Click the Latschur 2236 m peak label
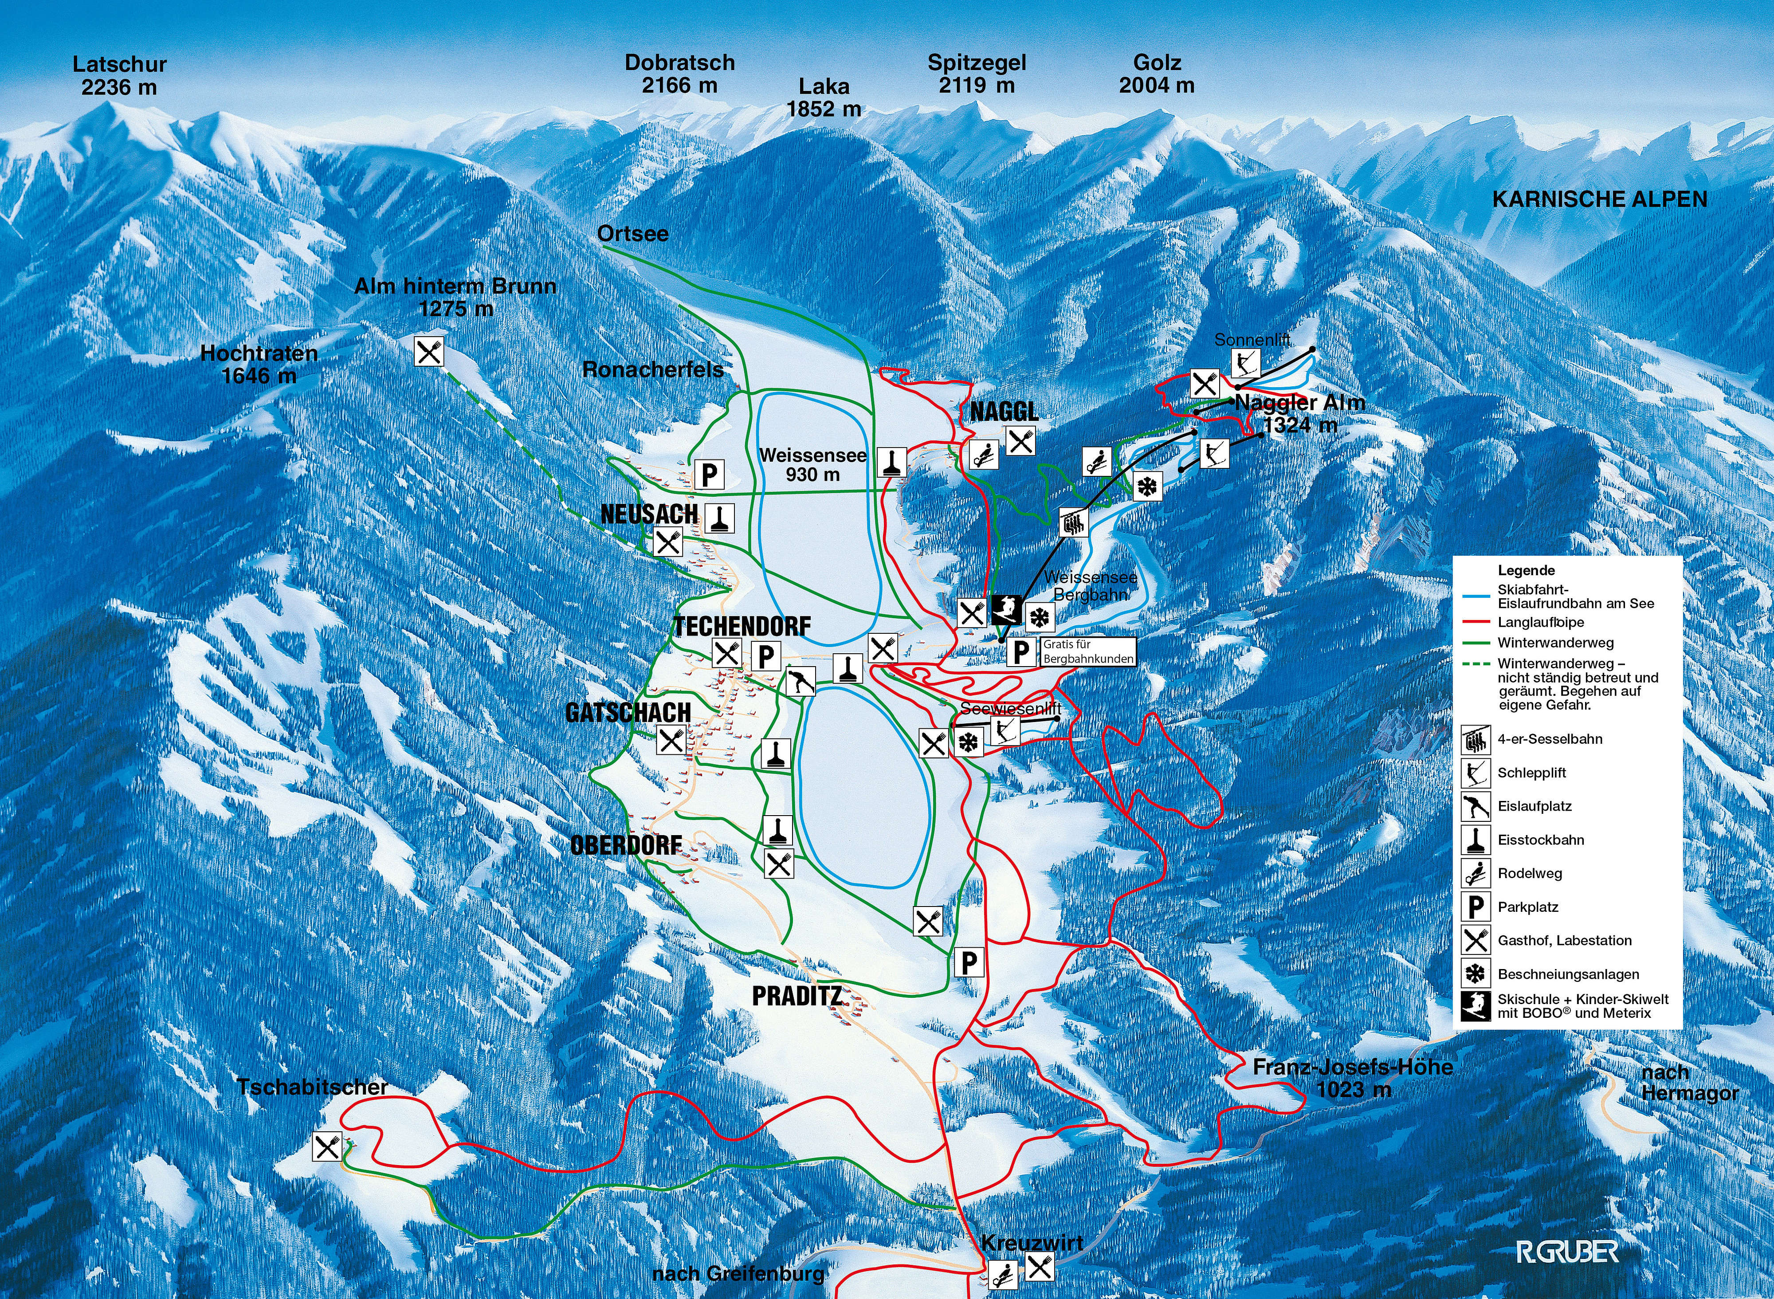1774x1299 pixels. coord(120,75)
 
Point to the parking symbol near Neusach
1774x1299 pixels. coord(709,475)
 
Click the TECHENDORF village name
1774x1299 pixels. coord(742,627)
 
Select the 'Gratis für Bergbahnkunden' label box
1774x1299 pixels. coord(1088,651)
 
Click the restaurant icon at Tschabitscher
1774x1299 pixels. coord(327,1147)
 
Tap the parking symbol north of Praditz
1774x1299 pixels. coord(969,961)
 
